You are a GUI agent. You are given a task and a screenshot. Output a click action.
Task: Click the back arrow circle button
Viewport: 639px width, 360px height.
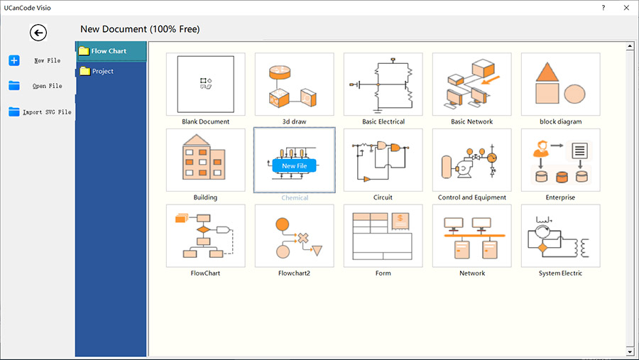point(38,33)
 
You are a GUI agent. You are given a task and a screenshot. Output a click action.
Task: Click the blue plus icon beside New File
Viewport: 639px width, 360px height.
point(14,60)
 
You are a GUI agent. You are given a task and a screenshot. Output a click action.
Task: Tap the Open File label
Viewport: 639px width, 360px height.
point(48,86)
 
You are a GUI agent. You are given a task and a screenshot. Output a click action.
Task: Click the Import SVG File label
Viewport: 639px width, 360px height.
point(47,112)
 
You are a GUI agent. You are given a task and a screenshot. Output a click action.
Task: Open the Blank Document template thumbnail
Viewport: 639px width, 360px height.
point(206,84)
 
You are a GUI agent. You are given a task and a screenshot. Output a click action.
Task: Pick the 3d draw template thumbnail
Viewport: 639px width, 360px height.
point(294,84)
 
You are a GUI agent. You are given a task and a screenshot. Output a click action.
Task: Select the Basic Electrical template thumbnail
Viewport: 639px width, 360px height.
point(383,84)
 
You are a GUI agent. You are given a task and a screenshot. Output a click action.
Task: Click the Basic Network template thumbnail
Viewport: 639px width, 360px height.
point(472,84)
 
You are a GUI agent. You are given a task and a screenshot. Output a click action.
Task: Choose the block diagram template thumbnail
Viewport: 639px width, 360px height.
point(560,84)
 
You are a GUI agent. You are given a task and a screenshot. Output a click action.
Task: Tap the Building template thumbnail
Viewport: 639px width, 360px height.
point(206,160)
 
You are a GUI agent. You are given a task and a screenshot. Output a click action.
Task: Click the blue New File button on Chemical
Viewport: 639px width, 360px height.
point(294,166)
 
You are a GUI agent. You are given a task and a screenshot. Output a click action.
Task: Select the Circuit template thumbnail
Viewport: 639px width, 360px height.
point(383,160)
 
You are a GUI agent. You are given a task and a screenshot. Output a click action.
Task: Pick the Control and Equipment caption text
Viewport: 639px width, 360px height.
point(472,197)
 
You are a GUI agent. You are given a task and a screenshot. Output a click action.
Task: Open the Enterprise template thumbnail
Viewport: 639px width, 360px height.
point(560,160)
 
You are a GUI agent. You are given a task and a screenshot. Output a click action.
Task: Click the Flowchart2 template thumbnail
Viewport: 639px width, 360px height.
point(294,236)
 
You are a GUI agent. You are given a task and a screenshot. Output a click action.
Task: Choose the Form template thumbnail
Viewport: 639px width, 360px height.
point(383,236)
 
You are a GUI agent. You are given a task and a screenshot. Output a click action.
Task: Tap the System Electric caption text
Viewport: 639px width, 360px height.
point(560,273)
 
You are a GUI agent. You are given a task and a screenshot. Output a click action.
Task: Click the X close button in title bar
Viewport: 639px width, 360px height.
point(626,8)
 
